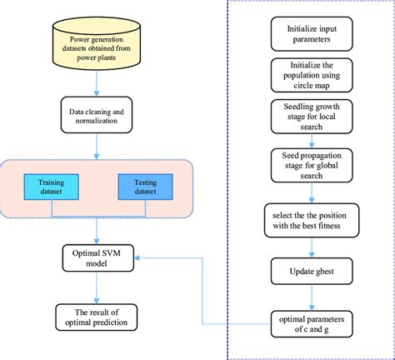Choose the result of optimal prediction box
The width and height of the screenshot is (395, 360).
pyautogui.click(x=98, y=317)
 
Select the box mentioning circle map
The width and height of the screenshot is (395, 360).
pyautogui.click(x=312, y=78)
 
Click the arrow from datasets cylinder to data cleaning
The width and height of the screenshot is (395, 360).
pyautogui.click(x=98, y=83)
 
